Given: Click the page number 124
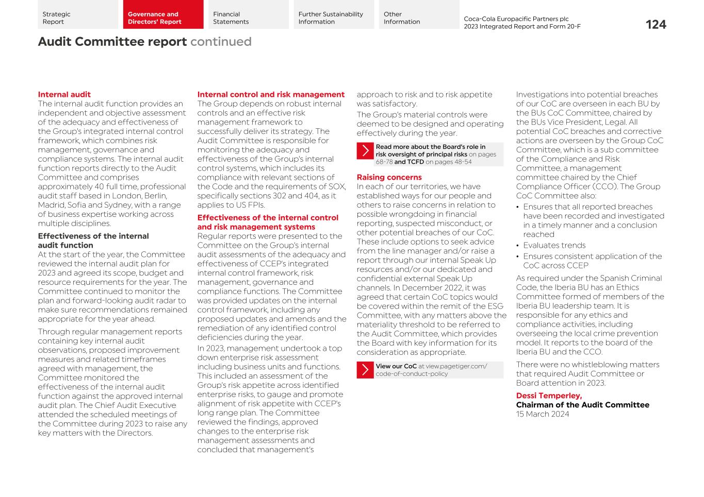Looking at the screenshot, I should [x=656, y=25].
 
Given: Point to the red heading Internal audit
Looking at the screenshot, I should [x=64, y=95].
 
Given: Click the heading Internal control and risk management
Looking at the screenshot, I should [x=271, y=95].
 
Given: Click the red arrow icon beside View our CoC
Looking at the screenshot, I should [x=365, y=370].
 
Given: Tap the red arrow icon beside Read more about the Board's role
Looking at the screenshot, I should [x=365, y=151].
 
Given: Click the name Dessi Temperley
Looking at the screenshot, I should [x=549, y=396].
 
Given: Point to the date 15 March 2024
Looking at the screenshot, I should [x=543, y=414].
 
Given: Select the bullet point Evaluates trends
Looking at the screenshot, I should [x=554, y=246].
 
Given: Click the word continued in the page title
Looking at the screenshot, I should [x=221, y=42].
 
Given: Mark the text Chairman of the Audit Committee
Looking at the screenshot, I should [x=582, y=405].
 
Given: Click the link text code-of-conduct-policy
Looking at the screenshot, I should [x=412, y=374].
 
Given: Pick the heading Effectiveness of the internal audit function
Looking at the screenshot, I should [x=93, y=241].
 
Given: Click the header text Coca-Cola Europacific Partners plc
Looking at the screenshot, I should [x=516, y=19].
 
